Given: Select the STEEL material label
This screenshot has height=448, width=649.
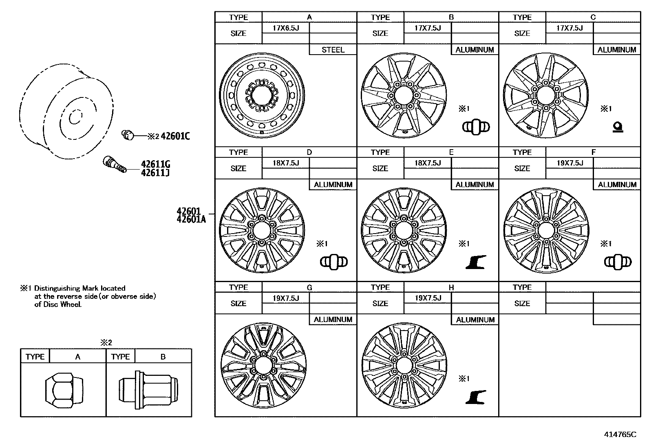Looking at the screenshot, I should [333, 50].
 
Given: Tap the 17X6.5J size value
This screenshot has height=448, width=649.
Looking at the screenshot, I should [286, 28].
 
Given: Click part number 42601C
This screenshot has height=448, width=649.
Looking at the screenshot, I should [175, 136].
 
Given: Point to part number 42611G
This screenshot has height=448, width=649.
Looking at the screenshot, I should [155, 164].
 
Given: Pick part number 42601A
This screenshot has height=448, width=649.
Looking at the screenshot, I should [191, 219].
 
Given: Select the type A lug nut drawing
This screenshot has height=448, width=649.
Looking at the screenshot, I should [64, 389].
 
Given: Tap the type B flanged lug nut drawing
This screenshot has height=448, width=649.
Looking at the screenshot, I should [148, 389].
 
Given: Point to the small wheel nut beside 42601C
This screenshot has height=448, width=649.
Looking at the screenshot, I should [128, 134].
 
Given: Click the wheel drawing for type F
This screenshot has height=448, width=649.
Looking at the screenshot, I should [546, 230].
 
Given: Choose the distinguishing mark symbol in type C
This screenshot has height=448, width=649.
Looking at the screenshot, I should [618, 128].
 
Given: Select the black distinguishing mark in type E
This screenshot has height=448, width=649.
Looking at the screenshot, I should [476, 262].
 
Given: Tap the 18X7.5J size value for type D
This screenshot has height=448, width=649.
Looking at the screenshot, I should [286, 163].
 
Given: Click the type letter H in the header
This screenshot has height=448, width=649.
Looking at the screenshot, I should [451, 287].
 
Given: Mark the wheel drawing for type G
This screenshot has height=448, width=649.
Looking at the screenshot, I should [263, 365].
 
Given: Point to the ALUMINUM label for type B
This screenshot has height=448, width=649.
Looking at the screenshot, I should [475, 50].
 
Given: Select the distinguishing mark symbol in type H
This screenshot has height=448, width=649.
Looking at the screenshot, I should [476, 397].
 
